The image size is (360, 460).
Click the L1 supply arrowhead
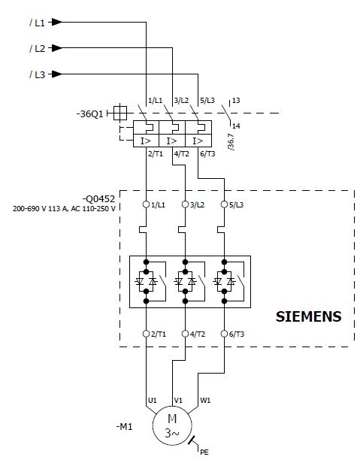pyautogui.click(x=57, y=22)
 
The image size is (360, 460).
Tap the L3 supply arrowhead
pyautogui.click(x=57, y=74)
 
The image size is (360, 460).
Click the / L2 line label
pyautogui.click(x=38, y=48)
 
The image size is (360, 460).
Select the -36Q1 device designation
pyautogui.click(x=89, y=113)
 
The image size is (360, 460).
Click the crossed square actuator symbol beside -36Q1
pyautogui.click(x=120, y=113)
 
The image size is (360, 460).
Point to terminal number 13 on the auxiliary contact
pyautogui.click(x=236, y=101)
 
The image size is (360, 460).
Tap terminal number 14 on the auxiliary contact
pyautogui.click(x=236, y=126)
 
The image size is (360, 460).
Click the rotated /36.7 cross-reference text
pyautogui.click(x=231, y=142)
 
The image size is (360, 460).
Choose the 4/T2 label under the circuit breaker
pyautogui.click(x=182, y=154)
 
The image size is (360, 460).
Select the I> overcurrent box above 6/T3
pyautogui.click(x=198, y=141)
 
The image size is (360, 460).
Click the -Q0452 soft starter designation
pyautogui.click(x=99, y=199)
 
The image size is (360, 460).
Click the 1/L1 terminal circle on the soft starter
pyautogui.click(x=146, y=204)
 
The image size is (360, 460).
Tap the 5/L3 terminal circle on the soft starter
pyautogui.click(x=224, y=204)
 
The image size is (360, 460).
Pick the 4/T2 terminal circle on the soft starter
pyautogui.click(x=185, y=334)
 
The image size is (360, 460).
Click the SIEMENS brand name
pyautogui.click(x=309, y=316)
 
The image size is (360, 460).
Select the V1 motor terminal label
pyautogui.click(x=178, y=401)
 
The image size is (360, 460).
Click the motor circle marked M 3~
pyautogui.click(x=172, y=425)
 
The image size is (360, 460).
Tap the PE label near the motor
pyautogui.click(x=204, y=452)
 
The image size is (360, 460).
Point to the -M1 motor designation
pyautogui.click(x=125, y=427)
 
